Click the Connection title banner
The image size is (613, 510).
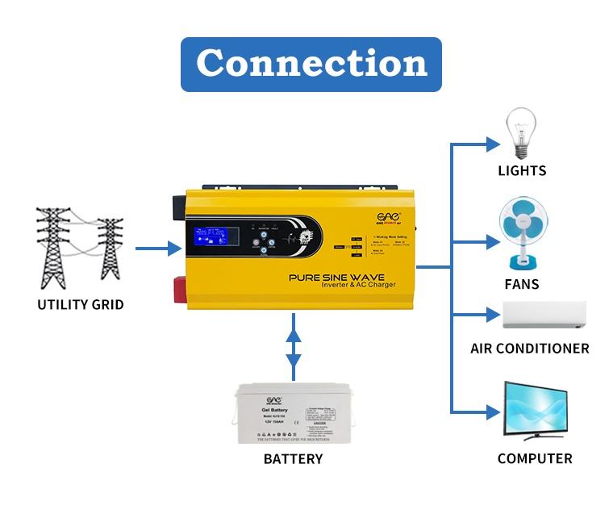click(311, 64)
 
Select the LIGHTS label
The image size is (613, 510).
click(522, 170)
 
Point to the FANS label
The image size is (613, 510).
click(522, 284)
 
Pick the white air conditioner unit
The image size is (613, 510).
click(544, 316)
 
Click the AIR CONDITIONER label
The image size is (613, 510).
click(530, 349)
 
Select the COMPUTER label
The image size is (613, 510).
click(535, 458)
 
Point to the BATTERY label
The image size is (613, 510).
click(293, 459)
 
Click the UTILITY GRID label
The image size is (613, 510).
click(81, 304)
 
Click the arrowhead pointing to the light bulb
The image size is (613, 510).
click(492, 144)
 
